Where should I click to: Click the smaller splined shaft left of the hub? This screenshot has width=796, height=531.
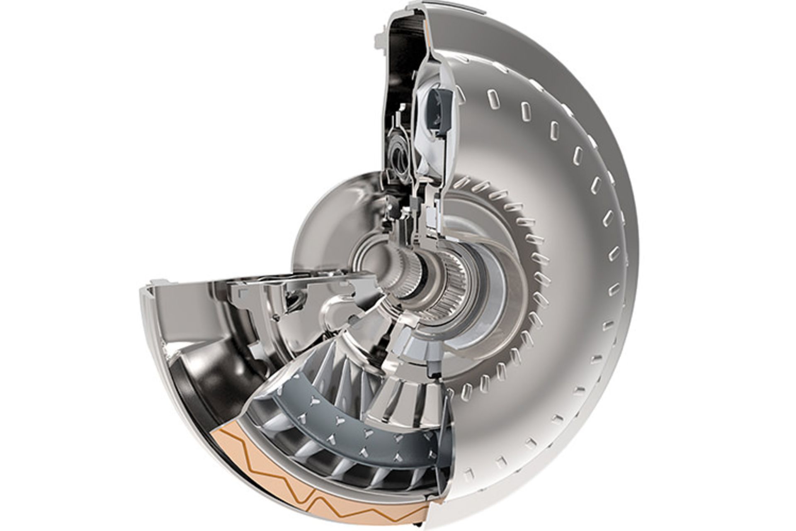point(408,274)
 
